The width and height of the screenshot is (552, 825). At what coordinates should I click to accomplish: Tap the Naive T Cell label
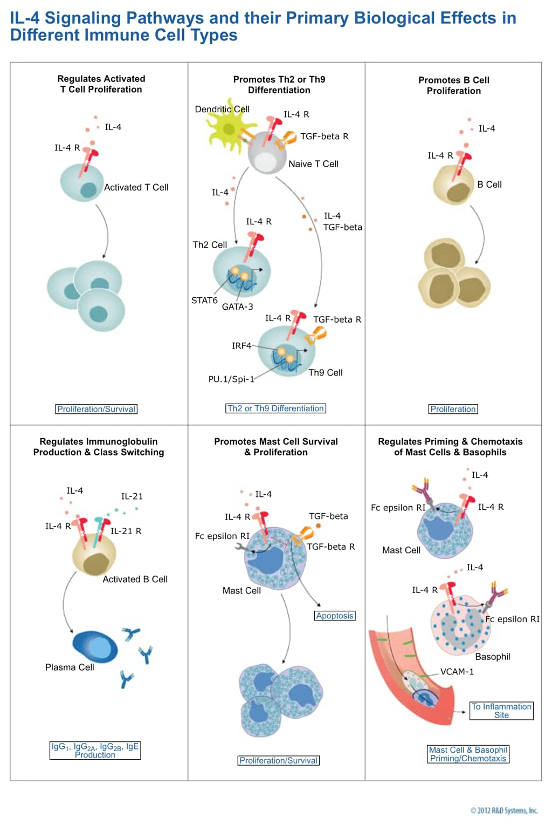pos(313,164)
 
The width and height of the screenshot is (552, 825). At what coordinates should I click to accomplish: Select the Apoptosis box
pos(335,616)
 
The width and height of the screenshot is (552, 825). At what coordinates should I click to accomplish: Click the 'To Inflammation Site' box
pos(501,711)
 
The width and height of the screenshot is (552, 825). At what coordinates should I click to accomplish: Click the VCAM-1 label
pos(457,672)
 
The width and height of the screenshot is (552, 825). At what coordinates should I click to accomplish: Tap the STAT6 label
pos(204,301)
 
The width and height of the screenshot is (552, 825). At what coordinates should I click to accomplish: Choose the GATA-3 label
pos(237,307)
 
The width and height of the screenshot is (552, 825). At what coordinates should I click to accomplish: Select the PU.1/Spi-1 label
pos(231,379)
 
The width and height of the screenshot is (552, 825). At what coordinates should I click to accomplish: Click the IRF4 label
pos(241,346)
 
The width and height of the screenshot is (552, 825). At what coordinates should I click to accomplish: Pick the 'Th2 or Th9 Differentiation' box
pos(275,408)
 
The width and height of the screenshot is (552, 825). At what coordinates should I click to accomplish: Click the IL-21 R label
pos(126,531)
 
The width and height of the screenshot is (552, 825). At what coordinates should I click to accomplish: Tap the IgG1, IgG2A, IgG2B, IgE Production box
pos(95,751)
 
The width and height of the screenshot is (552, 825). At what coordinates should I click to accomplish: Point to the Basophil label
pos(492,657)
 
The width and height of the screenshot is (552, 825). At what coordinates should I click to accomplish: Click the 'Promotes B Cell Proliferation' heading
pos(454,85)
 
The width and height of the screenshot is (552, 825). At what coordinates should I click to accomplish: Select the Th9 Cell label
pos(325,373)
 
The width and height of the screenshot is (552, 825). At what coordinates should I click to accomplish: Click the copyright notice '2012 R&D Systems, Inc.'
pos(504,810)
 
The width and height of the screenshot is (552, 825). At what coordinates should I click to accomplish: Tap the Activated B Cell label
pos(135,579)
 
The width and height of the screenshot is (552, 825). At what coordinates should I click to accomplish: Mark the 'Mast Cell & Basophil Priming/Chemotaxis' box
pos(468,754)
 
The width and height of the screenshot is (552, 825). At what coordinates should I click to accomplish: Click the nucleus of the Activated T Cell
pos(88,189)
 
